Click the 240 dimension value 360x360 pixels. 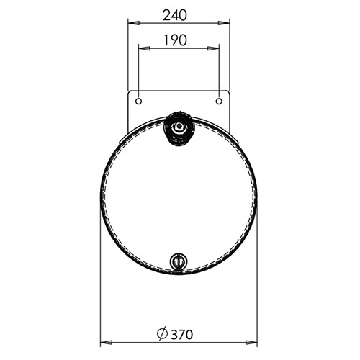click(x=175, y=15)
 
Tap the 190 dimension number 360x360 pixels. click(x=175, y=40)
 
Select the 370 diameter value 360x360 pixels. click(x=181, y=335)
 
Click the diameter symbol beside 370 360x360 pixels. click(x=162, y=334)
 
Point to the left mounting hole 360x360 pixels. click(x=138, y=102)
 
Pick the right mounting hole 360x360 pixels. click(x=219, y=102)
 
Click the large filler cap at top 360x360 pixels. click(x=179, y=128)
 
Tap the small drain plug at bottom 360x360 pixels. click(x=179, y=261)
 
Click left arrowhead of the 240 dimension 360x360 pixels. click(x=134, y=23)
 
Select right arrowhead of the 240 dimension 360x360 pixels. click(x=224, y=23)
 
